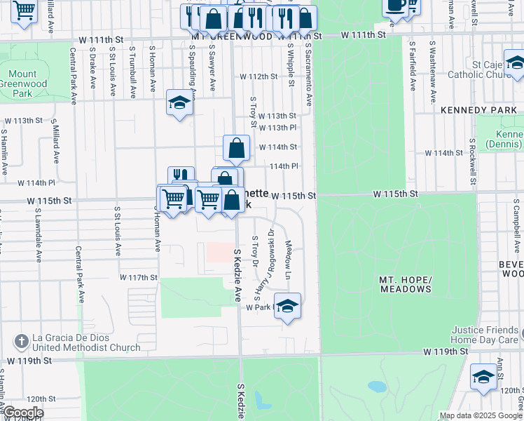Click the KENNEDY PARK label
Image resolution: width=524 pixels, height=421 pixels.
tap(478, 110)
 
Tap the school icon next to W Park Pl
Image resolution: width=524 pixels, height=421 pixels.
tap(287, 307)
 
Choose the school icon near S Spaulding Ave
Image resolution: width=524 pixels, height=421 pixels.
tap(179, 103)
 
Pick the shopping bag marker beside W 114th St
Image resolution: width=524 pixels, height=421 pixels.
tap(237, 148)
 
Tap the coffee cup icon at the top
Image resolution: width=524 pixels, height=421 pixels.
tap(394, 6)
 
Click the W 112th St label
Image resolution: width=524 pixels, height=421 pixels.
tap(258, 76)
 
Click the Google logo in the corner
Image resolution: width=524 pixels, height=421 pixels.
tap(22, 413)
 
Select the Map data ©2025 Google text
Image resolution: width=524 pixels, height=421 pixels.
tap(481, 415)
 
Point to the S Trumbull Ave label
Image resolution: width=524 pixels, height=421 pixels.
tap(132, 72)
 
